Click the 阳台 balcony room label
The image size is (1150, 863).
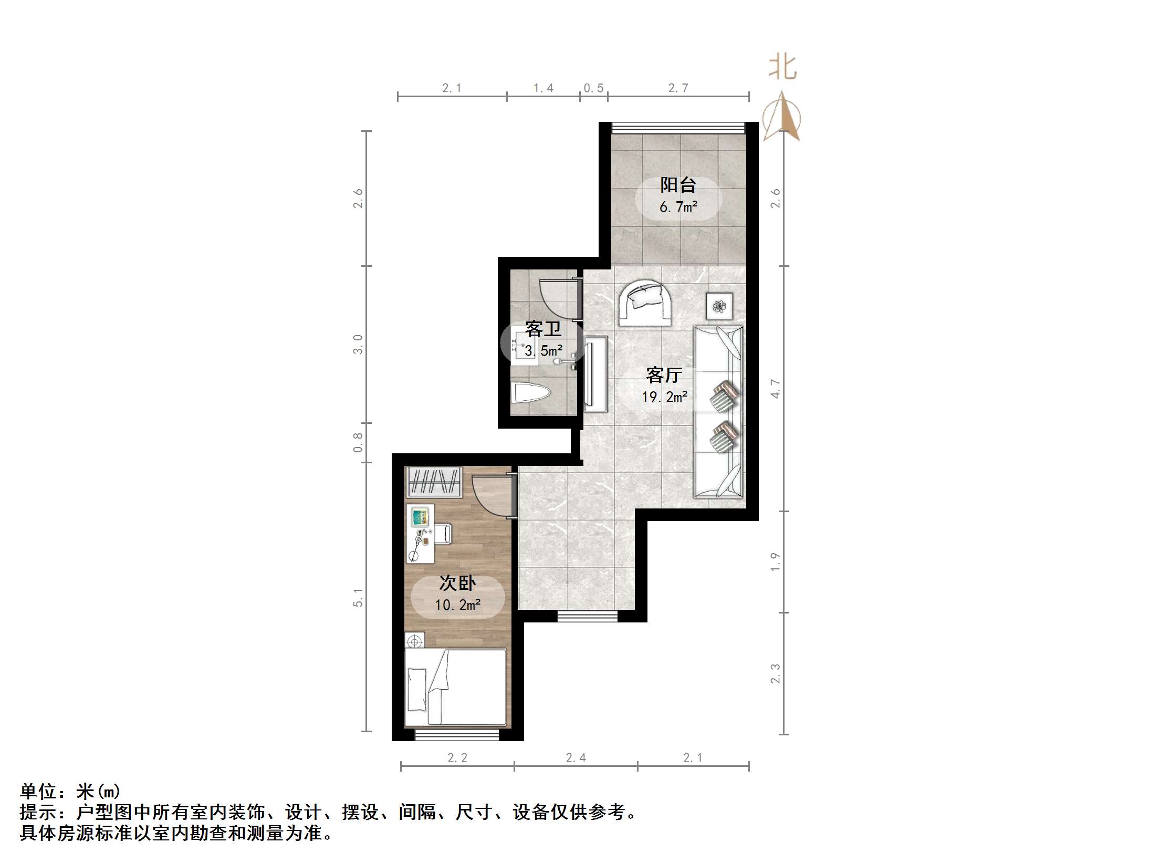tap(678, 185)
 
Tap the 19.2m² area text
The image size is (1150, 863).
tap(664, 397)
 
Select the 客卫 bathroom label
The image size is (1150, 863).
tap(543, 330)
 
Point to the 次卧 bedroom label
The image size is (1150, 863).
tap(457, 583)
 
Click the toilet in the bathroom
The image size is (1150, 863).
tap(530, 393)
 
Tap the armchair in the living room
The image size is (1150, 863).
tap(645, 304)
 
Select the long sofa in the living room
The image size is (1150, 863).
tap(718, 412)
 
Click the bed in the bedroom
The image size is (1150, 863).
tap(456, 687)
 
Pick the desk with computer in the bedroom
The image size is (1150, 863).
tap(420, 534)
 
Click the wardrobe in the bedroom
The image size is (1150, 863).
tap(434, 482)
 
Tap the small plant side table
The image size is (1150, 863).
tap(719, 305)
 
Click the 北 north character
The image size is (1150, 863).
tap(782, 68)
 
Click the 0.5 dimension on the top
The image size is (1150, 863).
tap(593, 88)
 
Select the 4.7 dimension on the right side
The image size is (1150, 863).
tap(776, 389)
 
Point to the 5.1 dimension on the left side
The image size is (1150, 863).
tap(358, 597)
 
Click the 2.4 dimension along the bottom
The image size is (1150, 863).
tap(576, 757)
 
